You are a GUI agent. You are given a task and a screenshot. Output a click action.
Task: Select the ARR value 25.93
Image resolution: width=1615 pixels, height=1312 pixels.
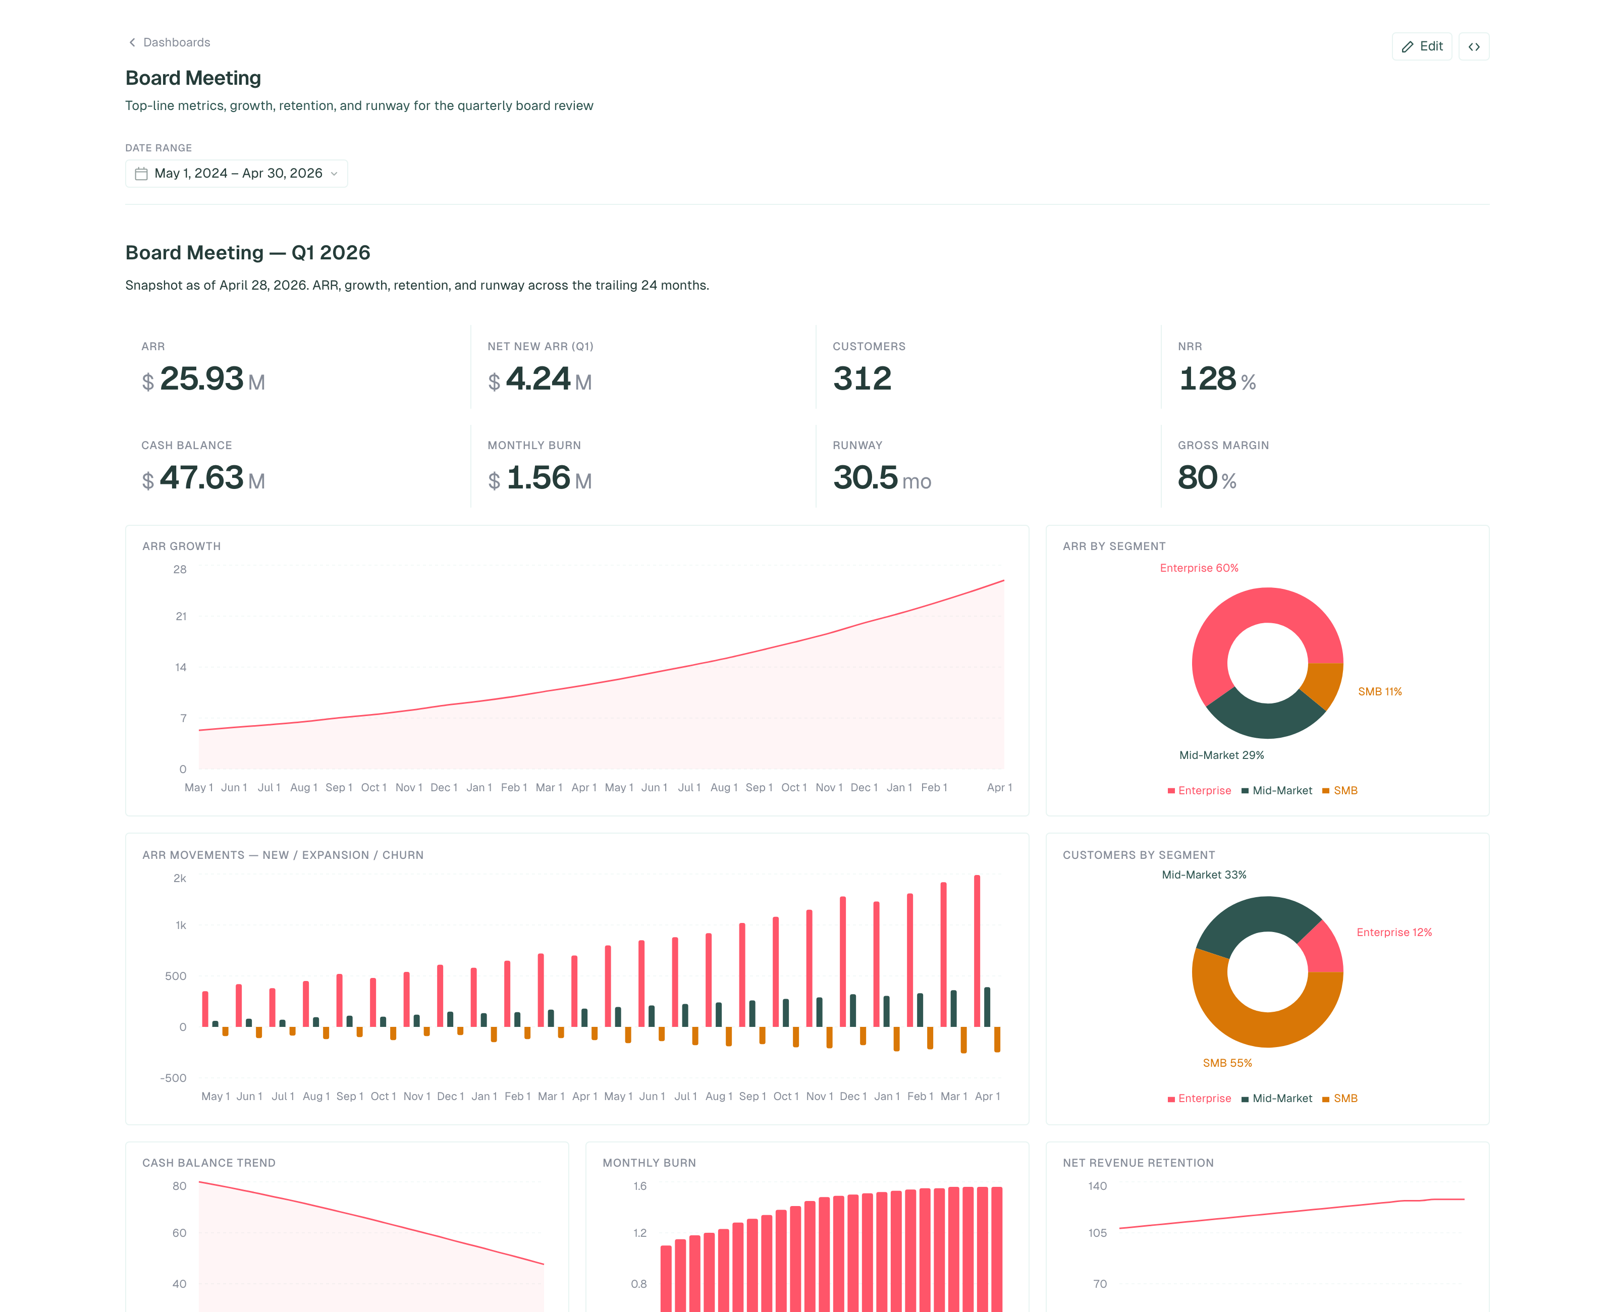(x=202, y=378)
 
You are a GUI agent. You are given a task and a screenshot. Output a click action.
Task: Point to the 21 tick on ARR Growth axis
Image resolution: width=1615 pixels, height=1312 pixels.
(x=181, y=616)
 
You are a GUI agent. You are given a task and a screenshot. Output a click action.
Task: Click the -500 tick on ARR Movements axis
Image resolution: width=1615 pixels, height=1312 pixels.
(x=173, y=1078)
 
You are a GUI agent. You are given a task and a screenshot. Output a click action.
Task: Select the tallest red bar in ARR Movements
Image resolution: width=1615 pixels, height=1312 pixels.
(x=977, y=951)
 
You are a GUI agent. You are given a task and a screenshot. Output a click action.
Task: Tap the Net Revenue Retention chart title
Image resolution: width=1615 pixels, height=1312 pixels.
(x=1138, y=1162)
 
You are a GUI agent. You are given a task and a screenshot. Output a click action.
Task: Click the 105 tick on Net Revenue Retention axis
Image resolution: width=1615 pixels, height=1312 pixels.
(x=1097, y=1233)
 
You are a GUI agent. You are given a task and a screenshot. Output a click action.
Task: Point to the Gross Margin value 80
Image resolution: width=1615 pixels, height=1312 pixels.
(x=1197, y=478)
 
